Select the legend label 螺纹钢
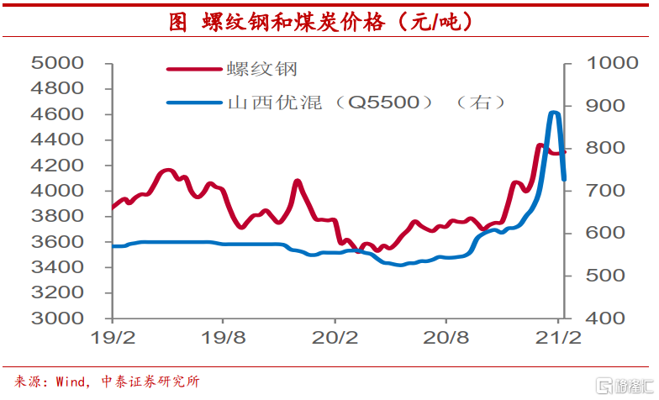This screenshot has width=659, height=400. [x=261, y=68]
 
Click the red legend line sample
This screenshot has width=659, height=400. [x=194, y=69]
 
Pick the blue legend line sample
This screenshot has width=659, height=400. [x=194, y=103]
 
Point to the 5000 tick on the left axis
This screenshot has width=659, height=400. [x=57, y=63]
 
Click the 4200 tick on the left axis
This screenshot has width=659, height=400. [x=57, y=166]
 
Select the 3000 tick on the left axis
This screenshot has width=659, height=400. [x=57, y=318]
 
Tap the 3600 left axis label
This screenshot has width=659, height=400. [x=57, y=242]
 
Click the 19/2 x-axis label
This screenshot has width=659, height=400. [x=113, y=340]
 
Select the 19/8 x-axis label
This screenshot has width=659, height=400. [x=224, y=340]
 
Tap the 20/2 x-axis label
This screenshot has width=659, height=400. [x=335, y=340]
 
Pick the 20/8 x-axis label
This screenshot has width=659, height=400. [x=446, y=340]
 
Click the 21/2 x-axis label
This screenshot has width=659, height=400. [x=557, y=340]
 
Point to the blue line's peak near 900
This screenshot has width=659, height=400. [x=554, y=113]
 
